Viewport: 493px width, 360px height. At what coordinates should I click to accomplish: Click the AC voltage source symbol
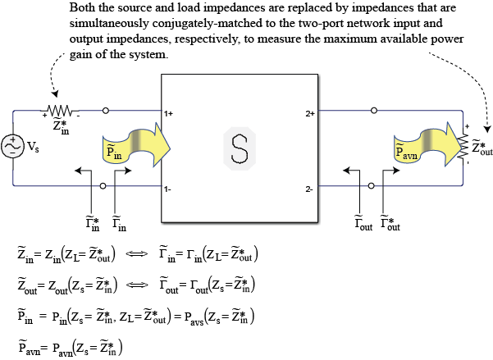12,146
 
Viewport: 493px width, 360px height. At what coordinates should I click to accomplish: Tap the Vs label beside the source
33,147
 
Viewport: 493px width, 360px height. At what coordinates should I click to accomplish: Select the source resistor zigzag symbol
60,111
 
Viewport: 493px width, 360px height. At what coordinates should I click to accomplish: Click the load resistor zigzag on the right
463,147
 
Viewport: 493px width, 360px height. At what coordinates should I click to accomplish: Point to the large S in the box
240,148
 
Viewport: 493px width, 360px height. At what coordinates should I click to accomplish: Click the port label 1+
168,113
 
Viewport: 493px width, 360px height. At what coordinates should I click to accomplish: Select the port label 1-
167,189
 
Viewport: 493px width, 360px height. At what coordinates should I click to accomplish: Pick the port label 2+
310,113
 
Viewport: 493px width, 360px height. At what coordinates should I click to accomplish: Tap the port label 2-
309,189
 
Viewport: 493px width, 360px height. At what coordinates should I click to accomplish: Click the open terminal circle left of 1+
106,111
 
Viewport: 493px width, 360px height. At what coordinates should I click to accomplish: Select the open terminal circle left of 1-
103,186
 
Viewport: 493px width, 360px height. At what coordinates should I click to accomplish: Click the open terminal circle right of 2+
374,111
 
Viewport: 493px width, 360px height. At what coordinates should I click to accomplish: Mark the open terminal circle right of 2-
372,186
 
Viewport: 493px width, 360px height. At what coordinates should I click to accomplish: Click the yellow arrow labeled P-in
136,146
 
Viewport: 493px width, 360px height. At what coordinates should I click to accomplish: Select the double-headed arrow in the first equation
136,253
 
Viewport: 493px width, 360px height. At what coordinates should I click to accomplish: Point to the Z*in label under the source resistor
61,126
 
